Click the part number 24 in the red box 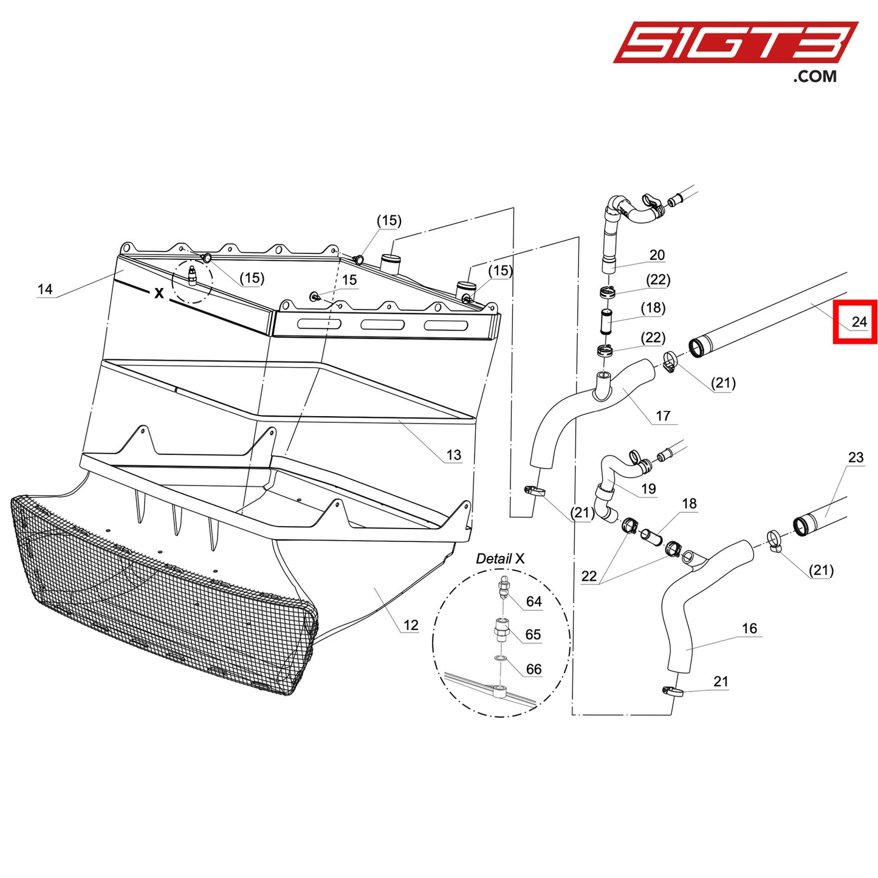[x=859, y=321]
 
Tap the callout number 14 [x=45, y=289]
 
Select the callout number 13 [x=453, y=454]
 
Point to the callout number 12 [x=411, y=625]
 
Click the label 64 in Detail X [x=533, y=601]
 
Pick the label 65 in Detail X [x=533, y=634]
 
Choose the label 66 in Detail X [x=533, y=669]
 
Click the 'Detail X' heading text [x=499, y=558]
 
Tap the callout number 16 [x=749, y=628]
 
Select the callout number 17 [x=662, y=416]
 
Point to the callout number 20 [x=657, y=255]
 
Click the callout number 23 [x=856, y=457]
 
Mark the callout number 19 [x=648, y=489]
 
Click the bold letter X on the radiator [x=159, y=293]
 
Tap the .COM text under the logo [x=814, y=77]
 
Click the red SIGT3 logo [x=735, y=43]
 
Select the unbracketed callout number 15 [x=349, y=280]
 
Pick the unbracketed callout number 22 [x=589, y=575]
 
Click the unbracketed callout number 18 [x=689, y=503]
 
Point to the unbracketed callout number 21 [x=721, y=681]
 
